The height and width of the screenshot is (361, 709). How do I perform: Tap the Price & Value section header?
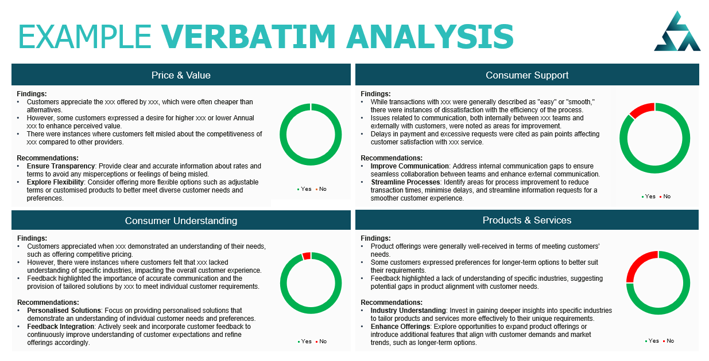pos(181,75)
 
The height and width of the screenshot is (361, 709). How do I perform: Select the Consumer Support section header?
pos(527,75)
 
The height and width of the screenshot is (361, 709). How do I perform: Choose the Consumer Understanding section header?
pos(181,221)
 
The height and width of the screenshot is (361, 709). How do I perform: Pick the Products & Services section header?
pos(527,220)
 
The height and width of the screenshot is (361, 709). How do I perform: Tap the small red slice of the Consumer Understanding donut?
pos(307,256)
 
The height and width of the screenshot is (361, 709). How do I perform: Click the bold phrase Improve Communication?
pos(409,166)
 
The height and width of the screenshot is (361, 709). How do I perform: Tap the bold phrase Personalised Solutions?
pos(64,311)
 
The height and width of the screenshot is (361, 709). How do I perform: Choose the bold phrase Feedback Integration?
pos(61,327)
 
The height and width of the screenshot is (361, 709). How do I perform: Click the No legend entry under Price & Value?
pos(321,189)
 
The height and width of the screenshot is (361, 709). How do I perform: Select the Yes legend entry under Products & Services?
pos(652,341)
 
